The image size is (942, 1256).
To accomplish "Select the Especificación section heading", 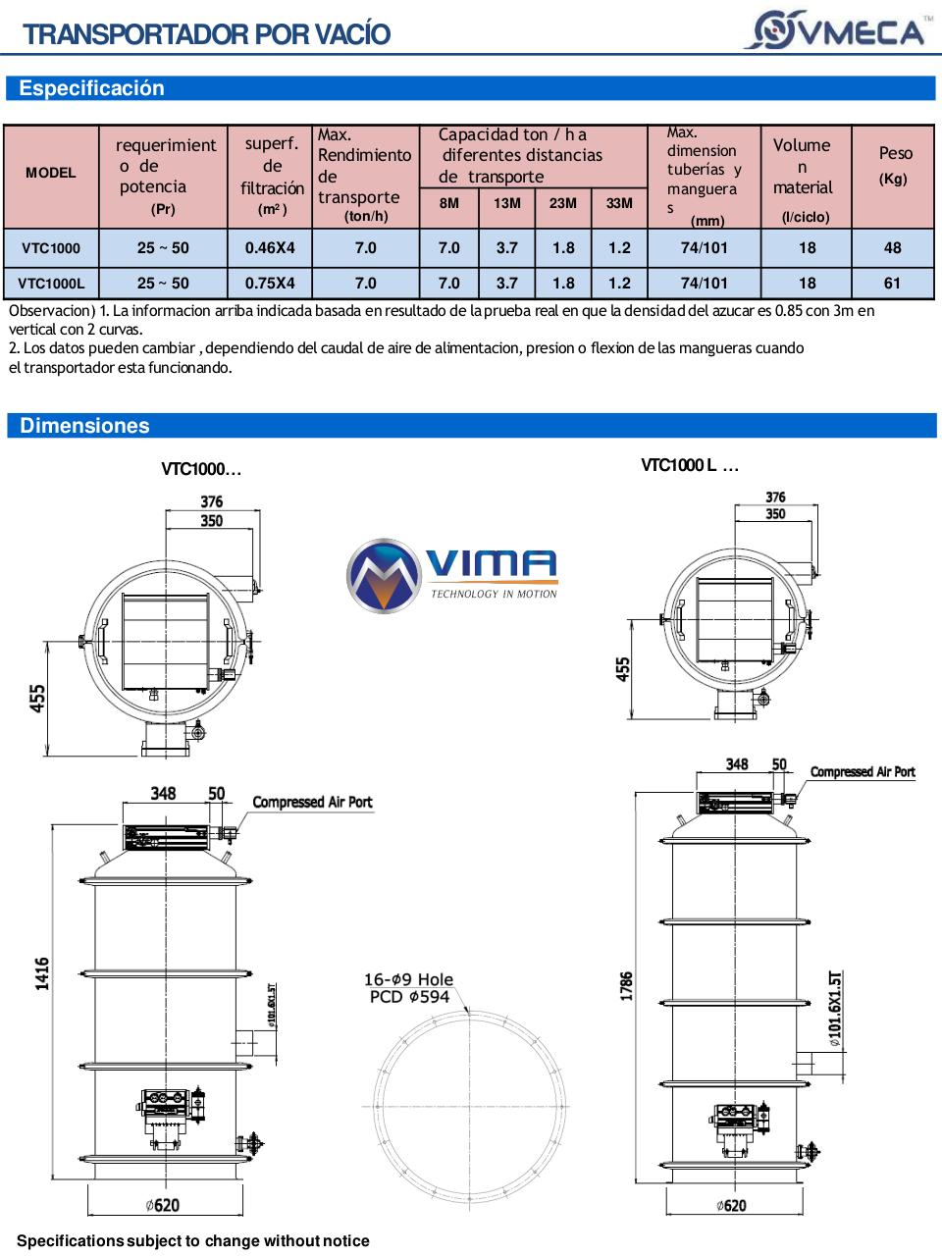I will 91,88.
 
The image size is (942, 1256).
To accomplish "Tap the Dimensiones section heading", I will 84,426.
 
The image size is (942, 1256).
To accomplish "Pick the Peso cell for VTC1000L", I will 892,283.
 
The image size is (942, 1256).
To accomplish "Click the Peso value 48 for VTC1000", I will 892,247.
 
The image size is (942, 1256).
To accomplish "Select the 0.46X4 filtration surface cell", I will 270,247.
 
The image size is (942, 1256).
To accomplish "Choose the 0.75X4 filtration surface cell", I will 270,283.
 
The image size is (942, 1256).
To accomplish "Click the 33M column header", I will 619,203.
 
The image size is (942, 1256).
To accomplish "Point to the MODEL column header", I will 51,173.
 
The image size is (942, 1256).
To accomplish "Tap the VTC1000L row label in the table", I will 51,284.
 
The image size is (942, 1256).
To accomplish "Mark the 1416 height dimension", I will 42,973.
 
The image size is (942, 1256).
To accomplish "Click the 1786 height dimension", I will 626,985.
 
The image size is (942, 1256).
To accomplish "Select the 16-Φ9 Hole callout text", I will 408,979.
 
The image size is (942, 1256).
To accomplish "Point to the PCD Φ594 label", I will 409,997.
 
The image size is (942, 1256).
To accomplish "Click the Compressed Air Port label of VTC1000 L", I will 863,772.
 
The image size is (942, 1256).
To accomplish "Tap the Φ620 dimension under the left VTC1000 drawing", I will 162,1205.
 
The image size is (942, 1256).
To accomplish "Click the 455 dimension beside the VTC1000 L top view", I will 623,669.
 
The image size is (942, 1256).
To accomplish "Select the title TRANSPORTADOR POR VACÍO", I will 207,34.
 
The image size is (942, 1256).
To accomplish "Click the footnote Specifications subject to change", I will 193,1241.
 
